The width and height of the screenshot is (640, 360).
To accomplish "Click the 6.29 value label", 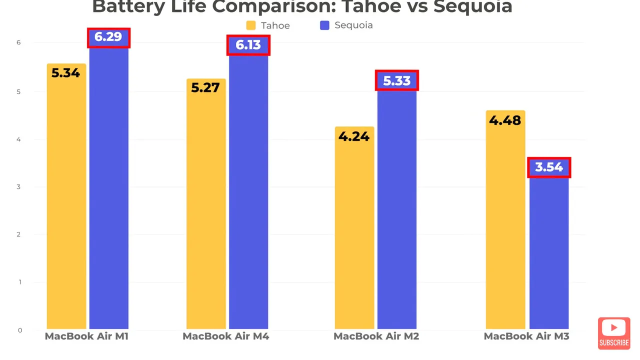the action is [x=108, y=37].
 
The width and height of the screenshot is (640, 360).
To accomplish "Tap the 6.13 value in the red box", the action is [x=248, y=45].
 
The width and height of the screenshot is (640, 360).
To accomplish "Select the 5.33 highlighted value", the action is [x=397, y=81].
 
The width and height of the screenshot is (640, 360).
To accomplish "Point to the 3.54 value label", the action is [x=549, y=167].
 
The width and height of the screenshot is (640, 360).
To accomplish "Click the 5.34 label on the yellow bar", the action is [x=65, y=73].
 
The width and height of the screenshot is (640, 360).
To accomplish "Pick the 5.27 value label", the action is [x=205, y=87].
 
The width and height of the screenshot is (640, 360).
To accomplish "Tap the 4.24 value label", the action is [x=354, y=136].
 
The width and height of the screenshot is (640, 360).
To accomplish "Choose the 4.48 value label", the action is [x=505, y=120].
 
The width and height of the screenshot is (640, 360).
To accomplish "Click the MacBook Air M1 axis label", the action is [x=86, y=336].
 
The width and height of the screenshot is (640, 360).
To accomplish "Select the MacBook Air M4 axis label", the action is [x=225, y=336].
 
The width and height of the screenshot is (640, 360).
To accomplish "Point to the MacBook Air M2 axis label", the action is [x=376, y=336].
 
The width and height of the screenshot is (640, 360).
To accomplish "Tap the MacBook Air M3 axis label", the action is [x=526, y=336].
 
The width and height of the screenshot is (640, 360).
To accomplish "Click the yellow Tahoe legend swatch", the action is [x=251, y=25].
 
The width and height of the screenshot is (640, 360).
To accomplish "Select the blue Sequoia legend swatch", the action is [x=324, y=25].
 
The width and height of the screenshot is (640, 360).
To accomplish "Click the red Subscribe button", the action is [x=614, y=333].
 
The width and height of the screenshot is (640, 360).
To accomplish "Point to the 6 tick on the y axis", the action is [x=18, y=42].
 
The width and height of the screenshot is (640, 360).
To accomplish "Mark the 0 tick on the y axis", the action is [x=19, y=330].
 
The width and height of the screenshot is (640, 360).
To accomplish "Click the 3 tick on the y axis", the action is [x=18, y=187].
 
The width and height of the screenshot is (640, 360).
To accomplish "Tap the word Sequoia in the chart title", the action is [x=473, y=7].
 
